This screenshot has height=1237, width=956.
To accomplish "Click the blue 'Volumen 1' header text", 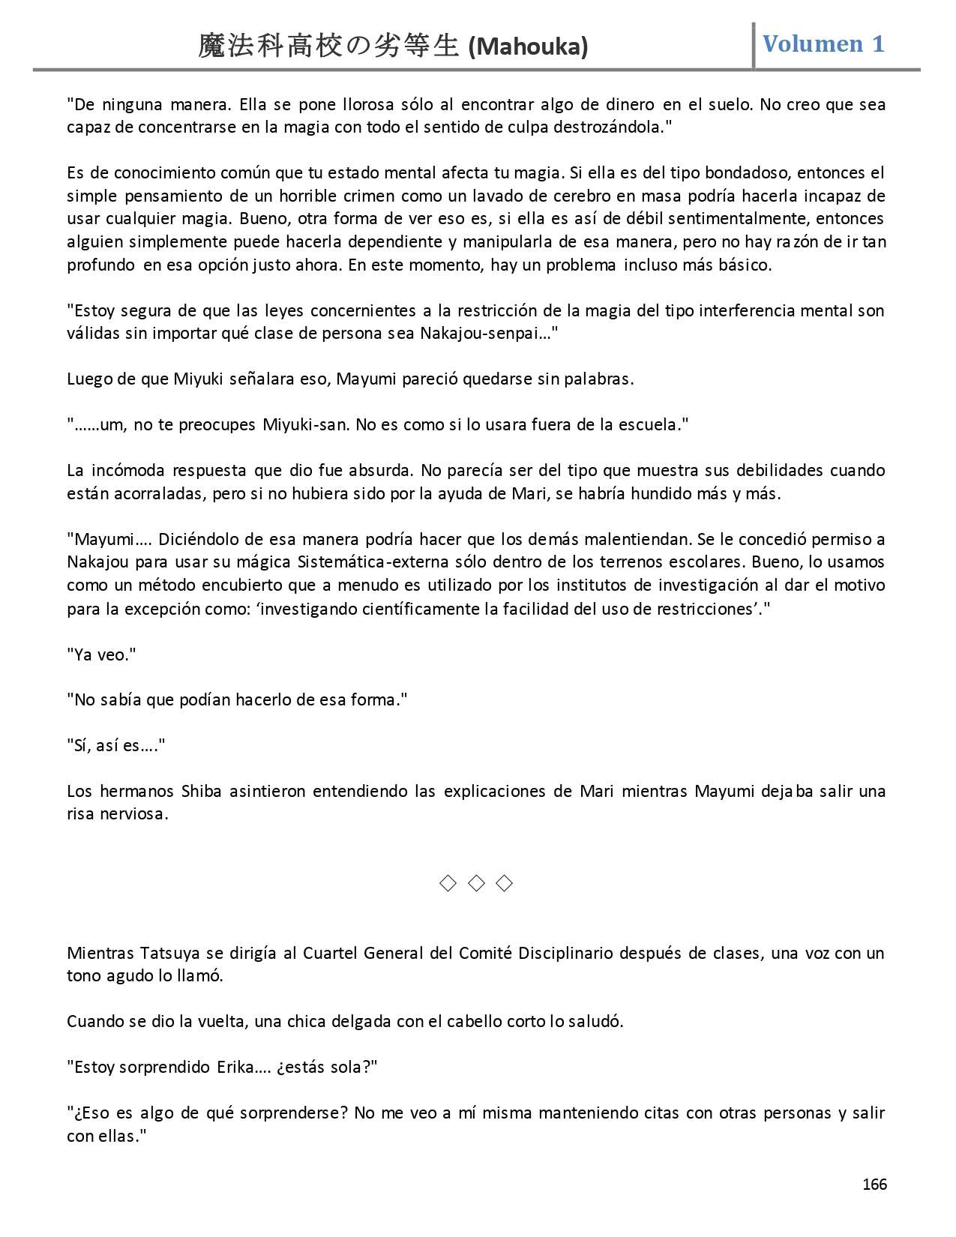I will (x=823, y=43).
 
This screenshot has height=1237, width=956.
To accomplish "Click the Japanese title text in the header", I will (x=328, y=46).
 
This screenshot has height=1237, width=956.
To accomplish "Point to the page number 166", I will (x=874, y=1185).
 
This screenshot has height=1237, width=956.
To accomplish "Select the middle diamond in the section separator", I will (x=476, y=883).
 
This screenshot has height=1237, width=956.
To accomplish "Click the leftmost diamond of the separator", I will (x=447, y=883).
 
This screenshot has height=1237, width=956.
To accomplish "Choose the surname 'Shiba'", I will (x=201, y=791).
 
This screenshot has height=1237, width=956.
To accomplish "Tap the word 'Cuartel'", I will (x=331, y=953).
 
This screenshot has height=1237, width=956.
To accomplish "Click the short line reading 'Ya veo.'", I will (x=101, y=654).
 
